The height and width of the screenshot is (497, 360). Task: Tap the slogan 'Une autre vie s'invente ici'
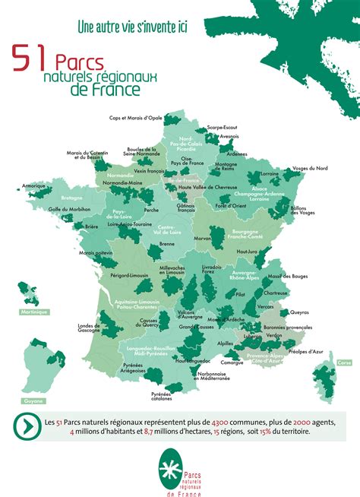tap(132, 27)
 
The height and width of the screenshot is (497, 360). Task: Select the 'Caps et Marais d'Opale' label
tap(135, 118)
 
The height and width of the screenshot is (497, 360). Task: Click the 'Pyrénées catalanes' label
tap(162, 396)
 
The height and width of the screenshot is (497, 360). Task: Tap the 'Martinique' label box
tap(35, 312)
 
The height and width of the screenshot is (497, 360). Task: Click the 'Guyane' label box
tap(33, 400)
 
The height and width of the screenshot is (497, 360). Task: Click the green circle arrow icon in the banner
tap(28, 426)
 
